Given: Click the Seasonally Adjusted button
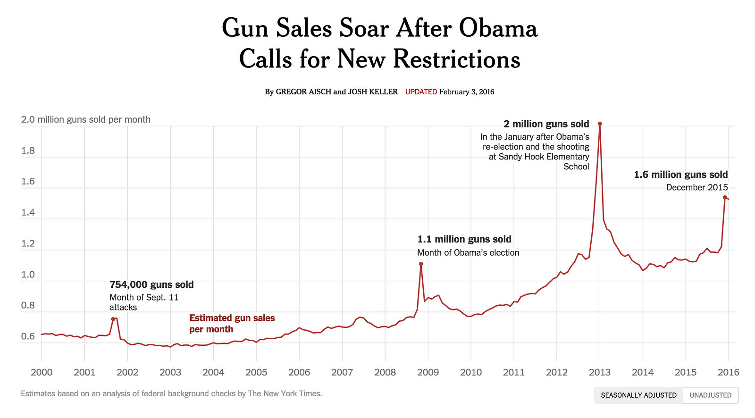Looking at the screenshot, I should (x=638, y=395).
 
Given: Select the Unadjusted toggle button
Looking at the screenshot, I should (x=710, y=395).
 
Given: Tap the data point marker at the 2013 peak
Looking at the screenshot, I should (x=600, y=124).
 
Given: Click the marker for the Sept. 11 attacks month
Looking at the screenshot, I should (x=113, y=319).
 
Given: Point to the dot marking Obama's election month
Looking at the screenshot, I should (x=421, y=264).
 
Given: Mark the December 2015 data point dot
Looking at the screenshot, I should (x=725, y=197).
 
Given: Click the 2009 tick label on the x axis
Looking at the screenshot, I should (x=428, y=372).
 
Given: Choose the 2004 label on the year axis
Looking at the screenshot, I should (x=213, y=372).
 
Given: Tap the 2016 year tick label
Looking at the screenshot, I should (x=728, y=372).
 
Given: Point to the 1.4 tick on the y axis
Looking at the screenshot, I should (x=28, y=213).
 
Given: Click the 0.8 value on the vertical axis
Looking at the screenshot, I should (x=28, y=306).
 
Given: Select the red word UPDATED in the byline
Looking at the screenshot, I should (x=421, y=92).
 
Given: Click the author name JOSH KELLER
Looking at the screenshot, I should (x=373, y=92).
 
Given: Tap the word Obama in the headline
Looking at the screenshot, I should (x=498, y=28).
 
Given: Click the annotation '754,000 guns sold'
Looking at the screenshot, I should (x=151, y=284).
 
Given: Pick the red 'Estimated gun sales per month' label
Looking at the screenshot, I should (x=232, y=324).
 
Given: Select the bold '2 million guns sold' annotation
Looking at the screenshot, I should (x=546, y=124).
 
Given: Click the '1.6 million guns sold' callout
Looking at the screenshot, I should (x=680, y=175).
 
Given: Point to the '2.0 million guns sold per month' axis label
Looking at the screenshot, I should (x=85, y=120).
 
